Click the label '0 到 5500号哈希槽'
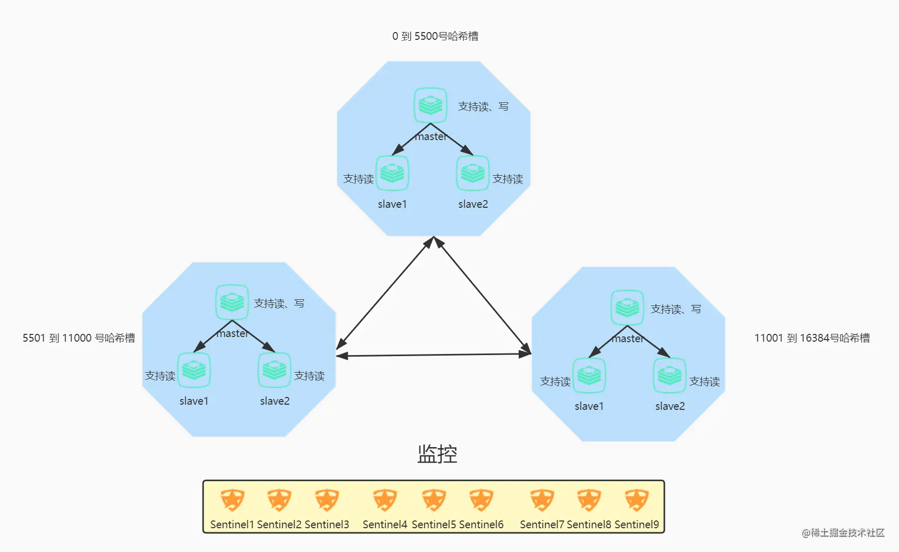pyautogui.click(x=435, y=36)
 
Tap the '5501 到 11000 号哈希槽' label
pyautogui.click(x=79, y=338)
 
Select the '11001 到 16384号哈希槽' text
pyautogui.click(x=812, y=338)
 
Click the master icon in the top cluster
pyautogui.click(x=430, y=105)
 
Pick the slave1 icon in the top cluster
pyautogui.click(x=392, y=173)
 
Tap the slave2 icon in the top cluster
pyautogui.click(x=473, y=173)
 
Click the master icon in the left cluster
pyautogui.click(x=232, y=302)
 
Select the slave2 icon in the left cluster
pyautogui.click(x=274, y=370)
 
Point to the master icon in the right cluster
pyautogui.click(x=627, y=308)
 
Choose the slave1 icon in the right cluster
pyautogui.click(x=589, y=375)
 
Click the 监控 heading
pyautogui.click(x=437, y=454)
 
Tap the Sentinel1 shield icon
pyautogui.click(x=232, y=500)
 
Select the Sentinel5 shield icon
pyautogui.click(x=433, y=500)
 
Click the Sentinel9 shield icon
pyautogui.click(x=637, y=500)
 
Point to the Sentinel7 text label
pyautogui.click(x=542, y=525)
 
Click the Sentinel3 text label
pyautogui.click(x=327, y=525)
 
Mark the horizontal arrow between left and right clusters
pyautogui.click(x=434, y=355)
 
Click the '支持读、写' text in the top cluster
pyautogui.click(x=483, y=106)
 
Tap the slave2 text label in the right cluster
pyautogui.click(x=670, y=406)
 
